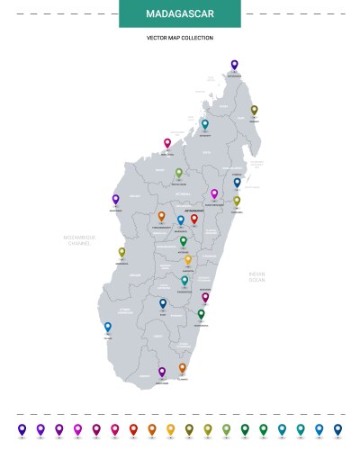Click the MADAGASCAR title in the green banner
(180, 14)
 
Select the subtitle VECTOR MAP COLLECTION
(180, 38)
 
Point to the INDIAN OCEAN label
(256, 276)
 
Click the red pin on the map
(193, 219)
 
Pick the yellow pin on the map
(188, 260)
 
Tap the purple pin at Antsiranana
(234, 65)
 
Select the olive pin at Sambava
(254, 110)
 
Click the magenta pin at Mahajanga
(167, 143)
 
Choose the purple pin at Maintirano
(115, 200)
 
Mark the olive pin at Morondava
(121, 253)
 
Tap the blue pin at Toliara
(108, 328)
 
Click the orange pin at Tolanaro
(182, 368)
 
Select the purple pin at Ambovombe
(162, 372)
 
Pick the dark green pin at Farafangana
(201, 314)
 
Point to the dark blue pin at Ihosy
(163, 304)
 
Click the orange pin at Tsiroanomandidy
(161, 216)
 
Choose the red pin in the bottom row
(133, 429)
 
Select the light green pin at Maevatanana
(179, 173)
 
